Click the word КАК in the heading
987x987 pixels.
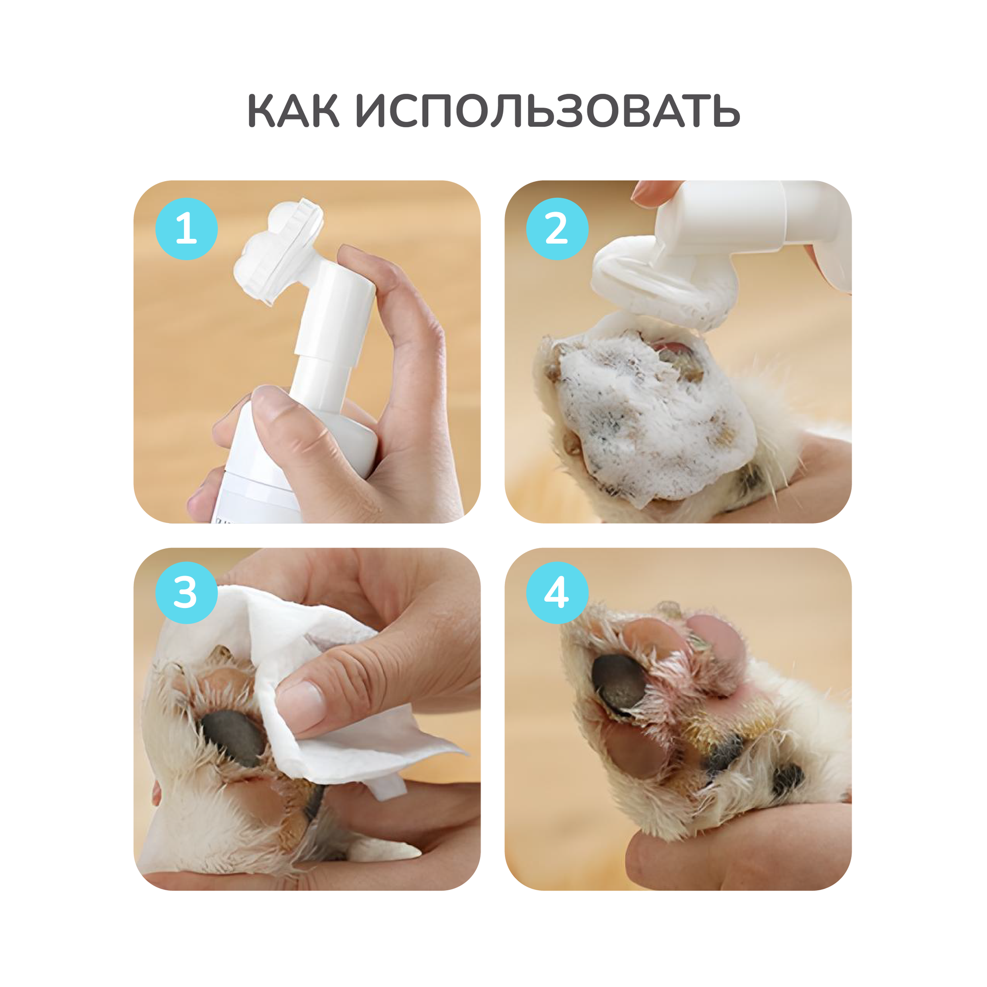click(x=293, y=111)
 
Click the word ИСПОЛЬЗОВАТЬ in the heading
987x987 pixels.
click(x=548, y=111)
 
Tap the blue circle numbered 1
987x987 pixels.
click(x=187, y=228)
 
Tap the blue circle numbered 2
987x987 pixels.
click(x=557, y=228)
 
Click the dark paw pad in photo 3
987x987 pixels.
click(x=233, y=738)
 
